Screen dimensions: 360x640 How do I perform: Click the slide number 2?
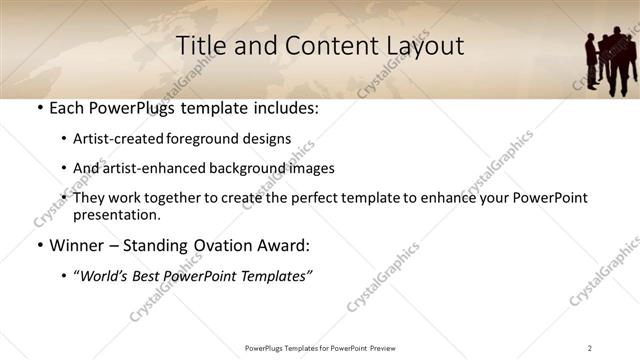point(590,348)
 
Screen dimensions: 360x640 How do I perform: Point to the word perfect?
point(320,198)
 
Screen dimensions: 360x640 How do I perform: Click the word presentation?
point(116,215)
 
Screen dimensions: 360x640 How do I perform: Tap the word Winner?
point(76,245)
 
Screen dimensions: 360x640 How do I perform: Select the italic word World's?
point(107,276)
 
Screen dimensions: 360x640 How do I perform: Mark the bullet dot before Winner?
point(39,246)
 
